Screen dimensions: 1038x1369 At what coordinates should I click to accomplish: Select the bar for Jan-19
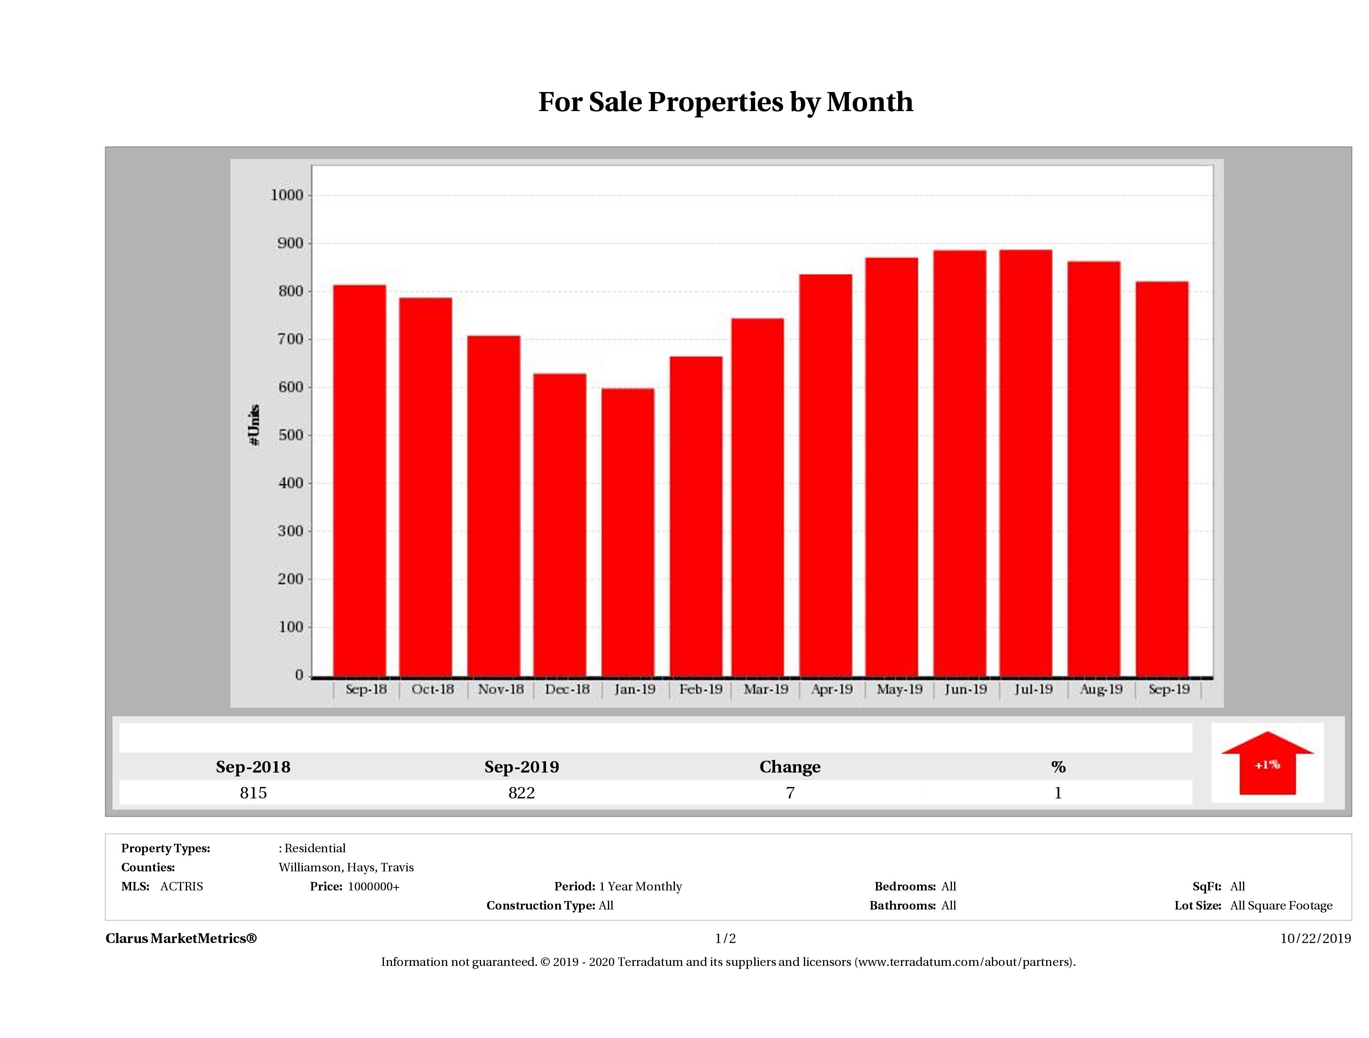pos(627,532)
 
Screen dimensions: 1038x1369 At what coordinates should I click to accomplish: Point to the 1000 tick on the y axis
pos(287,195)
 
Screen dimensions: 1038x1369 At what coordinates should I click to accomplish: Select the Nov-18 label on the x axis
pos(501,689)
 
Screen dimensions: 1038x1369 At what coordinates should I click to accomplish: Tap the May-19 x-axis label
pos(899,689)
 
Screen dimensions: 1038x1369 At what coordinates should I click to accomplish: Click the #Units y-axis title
pos(254,425)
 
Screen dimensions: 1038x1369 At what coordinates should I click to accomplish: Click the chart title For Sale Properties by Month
pos(725,102)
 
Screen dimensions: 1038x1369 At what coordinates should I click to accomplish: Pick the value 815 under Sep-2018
pos(253,793)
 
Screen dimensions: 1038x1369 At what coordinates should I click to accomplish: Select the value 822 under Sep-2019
pos(522,793)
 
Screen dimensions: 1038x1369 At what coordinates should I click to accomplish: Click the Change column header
pos(790,767)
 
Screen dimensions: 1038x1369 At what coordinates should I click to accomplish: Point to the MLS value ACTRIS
pos(181,887)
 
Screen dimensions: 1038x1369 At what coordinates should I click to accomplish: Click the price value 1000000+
pos(373,887)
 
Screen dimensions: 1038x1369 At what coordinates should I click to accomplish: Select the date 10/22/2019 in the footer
pos(1315,938)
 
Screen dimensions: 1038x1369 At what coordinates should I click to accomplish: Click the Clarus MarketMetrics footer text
pos(181,938)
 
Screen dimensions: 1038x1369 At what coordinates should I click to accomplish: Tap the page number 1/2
pos(725,938)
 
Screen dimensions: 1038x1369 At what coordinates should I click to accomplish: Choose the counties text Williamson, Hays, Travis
pos(346,867)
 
